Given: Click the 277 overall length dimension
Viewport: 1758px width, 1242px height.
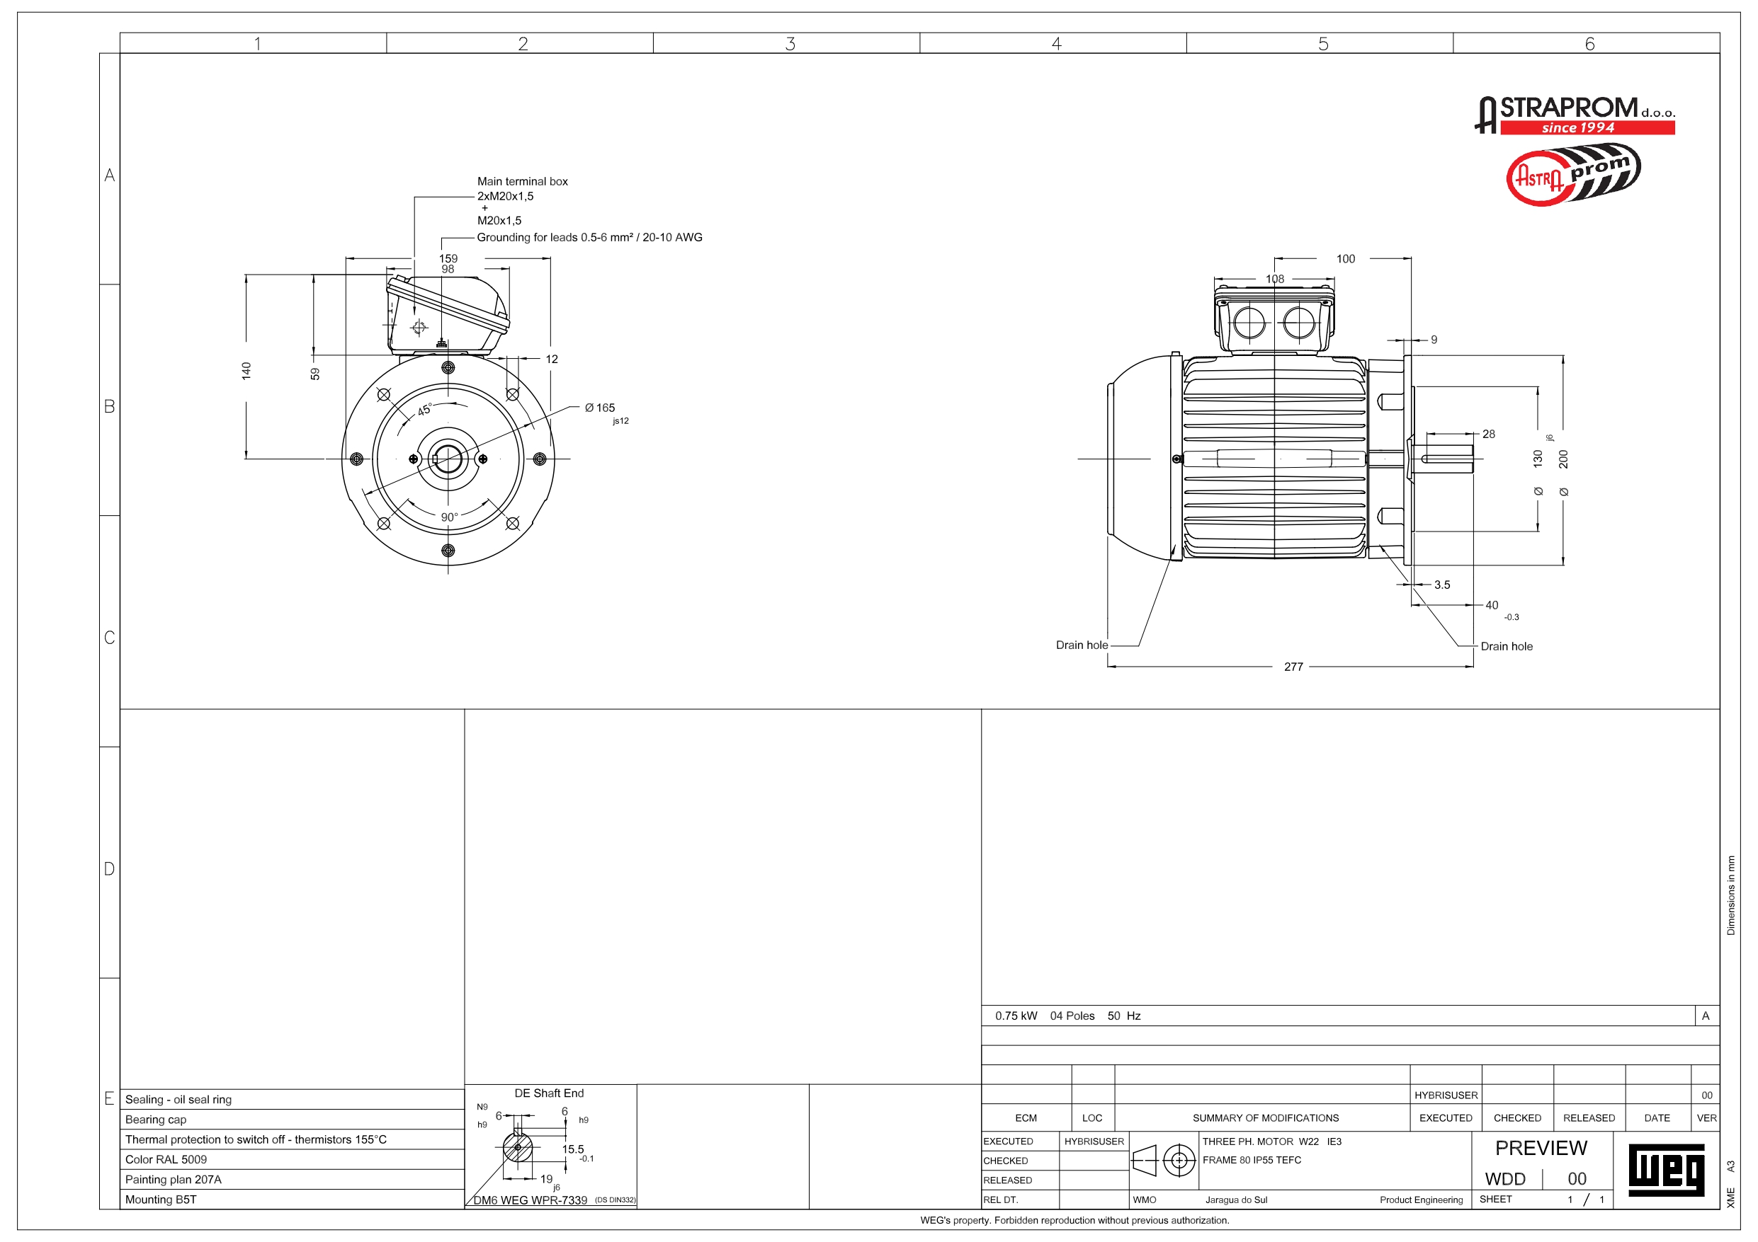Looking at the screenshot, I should pyautogui.click(x=1293, y=667).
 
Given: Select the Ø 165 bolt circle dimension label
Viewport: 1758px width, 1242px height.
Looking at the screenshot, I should pyautogui.click(x=601, y=408).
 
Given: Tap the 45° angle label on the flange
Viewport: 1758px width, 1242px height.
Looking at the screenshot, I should pyautogui.click(x=424, y=410).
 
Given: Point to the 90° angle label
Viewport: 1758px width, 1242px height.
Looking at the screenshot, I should pyautogui.click(x=450, y=517).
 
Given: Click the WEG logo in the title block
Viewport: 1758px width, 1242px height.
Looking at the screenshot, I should pyautogui.click(x=1666, y=1170).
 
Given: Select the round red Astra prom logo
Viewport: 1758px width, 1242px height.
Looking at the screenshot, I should pyautogui.click(x=1572, y=176).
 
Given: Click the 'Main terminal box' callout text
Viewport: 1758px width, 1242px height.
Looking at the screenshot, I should pyautogui.click(x=522, y=181).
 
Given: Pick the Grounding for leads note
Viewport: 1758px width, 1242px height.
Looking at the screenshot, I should pyautogui.click(x=589, y=237).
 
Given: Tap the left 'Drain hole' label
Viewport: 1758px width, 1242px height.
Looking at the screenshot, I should pyautogui.click(x=1081, y=645).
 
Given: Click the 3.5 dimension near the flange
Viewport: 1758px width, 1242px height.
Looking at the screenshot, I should pyautogui.click(x=1442, y=585).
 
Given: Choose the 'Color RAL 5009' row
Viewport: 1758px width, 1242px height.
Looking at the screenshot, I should pyautogui.click(x=166, y=1159).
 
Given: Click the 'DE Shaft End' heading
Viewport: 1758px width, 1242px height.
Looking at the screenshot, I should pyautogui.click(x=549, y=1093).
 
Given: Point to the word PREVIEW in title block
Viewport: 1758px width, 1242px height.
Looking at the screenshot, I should pyautogui.click(x=1541, y=1148).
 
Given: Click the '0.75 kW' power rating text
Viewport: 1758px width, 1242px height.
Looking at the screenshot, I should pyautogui.click(x=1016, y=1016).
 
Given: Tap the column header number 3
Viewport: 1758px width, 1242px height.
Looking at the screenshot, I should pyautogui.click(x=790, y=44).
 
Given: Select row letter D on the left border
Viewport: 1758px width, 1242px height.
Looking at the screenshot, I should pyautogui.click(x=110, y=868).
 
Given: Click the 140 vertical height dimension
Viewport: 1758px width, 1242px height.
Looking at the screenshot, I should pyautogui.click(x=246, y=371).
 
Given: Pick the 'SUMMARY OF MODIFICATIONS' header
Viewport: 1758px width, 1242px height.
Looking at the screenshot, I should pyautogui.click(x=1266, y=1118).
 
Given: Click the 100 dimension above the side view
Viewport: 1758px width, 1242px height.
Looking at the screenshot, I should pyautogui.click(x=1345, y=258).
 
